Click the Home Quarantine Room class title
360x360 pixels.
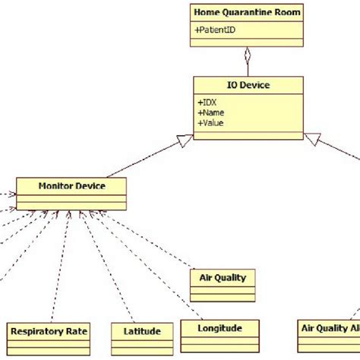[x=247, y=12]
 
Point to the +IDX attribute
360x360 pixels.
[x=207, y=100]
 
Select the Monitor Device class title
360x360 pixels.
[x=71, y=185]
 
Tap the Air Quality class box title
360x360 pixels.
[x=223, y=277]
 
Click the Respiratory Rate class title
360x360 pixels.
[x=49, y=330]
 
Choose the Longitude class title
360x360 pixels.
[x=219, y=328]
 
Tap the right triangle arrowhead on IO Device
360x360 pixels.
[x=312, y=140]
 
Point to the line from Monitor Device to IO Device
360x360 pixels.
[x=144, y=160]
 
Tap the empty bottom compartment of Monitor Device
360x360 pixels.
[x=71, y=205]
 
